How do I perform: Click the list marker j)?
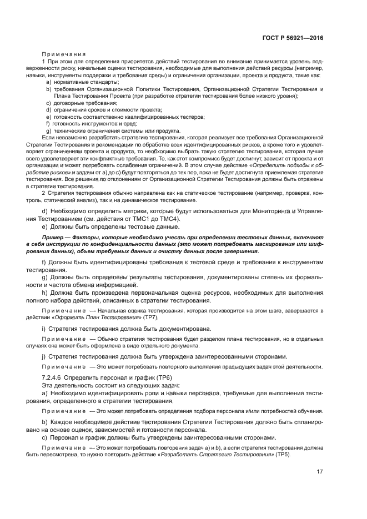[x=44, y=356]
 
